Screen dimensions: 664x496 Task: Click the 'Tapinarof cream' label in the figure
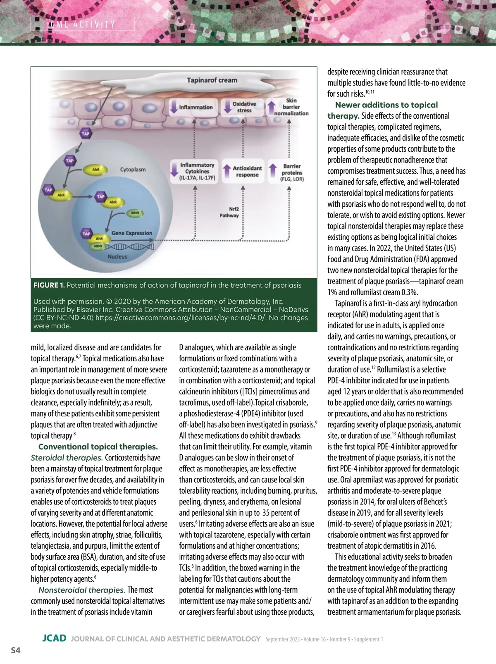coord(212,80)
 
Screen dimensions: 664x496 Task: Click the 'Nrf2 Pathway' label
coord(229,212)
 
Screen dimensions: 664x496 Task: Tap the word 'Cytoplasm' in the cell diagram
coord(133,170)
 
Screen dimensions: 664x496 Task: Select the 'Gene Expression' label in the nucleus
coord(131,233)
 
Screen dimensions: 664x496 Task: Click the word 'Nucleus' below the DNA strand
coord(117,256)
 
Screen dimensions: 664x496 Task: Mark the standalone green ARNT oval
coord(135,213)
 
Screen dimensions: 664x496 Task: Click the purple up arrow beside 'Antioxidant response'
coord(227,171)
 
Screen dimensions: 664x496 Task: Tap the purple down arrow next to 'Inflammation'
coord(174,107)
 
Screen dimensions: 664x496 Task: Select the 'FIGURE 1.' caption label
coord(49,285)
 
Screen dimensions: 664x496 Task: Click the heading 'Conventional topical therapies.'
coord(98,447)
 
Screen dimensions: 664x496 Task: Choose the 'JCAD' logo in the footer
coord(54,638)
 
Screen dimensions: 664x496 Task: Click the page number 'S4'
coord(16,651)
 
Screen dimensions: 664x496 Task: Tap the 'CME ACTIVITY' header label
coord(83,24)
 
